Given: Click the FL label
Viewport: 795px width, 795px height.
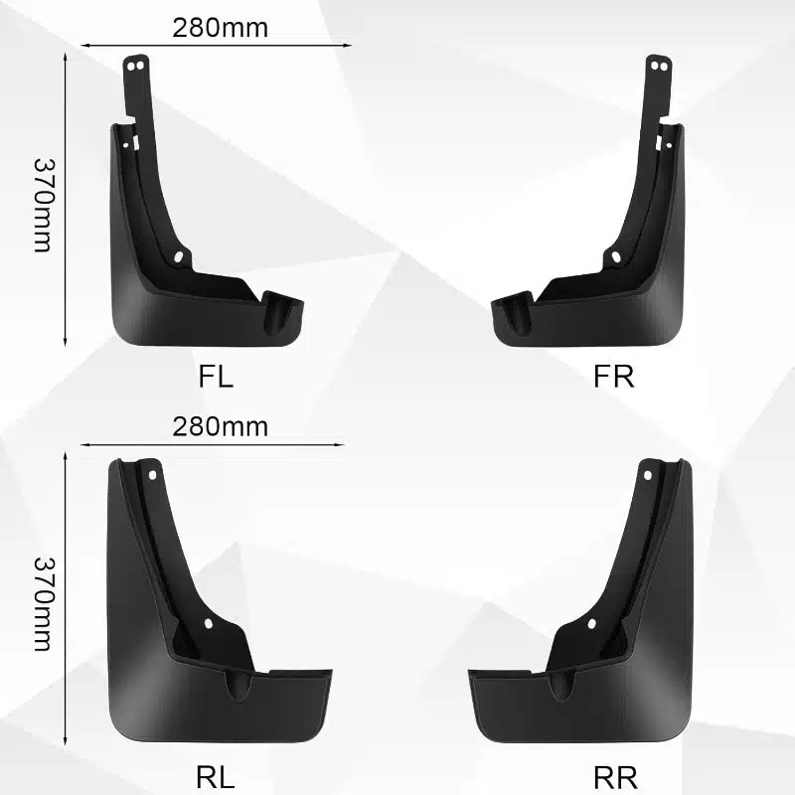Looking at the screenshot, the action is click(216, 377).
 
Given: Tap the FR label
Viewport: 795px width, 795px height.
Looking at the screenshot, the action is click(613, 377).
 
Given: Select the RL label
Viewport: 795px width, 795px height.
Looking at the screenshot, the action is click(216, 777).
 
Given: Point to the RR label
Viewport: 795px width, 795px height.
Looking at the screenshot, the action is click(615, 777).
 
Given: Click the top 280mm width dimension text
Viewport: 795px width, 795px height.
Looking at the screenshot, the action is click(220, 28).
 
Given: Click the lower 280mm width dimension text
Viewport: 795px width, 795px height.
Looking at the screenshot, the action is click(220, 427).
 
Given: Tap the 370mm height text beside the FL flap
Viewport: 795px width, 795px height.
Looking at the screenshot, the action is click(43, 205).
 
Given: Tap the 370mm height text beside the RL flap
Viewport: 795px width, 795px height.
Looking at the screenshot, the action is click(43, 604).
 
